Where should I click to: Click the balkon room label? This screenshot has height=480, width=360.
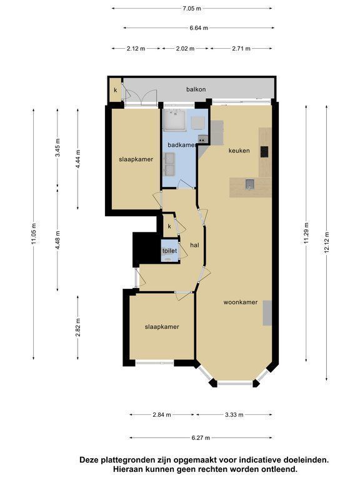tap(196, 89)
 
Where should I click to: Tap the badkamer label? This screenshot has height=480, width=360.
tap(181, 145)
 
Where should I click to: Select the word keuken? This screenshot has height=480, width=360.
tap(239, 151)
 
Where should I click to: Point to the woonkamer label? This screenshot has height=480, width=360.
tap(240, 302)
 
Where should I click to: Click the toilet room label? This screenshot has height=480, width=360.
tap(169, 251)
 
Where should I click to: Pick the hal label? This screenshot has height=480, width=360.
tap(195, 245)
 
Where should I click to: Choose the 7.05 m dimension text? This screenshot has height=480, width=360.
tap(192, 9)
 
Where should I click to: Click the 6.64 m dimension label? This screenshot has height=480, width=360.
tap(199, 28)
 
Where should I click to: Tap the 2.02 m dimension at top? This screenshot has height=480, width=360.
tap(185, 48)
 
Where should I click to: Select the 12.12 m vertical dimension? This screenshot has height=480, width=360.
tap(327, 242)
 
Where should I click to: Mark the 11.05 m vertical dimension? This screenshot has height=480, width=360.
tap(34, 233)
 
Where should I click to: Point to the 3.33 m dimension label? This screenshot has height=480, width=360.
tap(234, 415)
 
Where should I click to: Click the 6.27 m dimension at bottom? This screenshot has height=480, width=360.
tap(201, 437)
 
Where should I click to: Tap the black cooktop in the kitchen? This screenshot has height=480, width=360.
tap(264, 152)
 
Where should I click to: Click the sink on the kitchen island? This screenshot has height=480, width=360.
tap(250, 184)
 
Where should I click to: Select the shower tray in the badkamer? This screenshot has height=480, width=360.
tap(174, 120)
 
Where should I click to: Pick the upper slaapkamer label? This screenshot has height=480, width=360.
tap(136, 159)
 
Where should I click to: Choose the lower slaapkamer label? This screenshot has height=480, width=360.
tap(162, 327)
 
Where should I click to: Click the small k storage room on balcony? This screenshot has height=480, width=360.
tap(116, 90)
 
